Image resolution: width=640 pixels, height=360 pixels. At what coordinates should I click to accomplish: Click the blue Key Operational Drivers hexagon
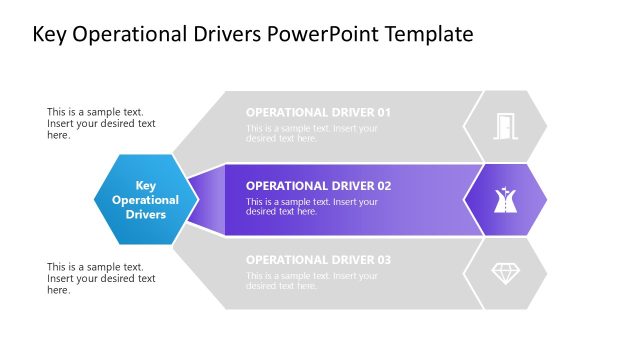[x=145, y=199]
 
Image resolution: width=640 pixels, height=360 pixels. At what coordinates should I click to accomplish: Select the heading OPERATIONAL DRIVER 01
[x=318, y=112]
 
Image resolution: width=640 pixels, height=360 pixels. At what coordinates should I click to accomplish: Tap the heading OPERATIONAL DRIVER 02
[x=318, y=186]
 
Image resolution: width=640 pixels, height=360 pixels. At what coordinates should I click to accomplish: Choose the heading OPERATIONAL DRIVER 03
[x=318, y=260]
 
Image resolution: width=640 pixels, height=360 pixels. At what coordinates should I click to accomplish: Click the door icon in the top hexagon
[x=505, y=126]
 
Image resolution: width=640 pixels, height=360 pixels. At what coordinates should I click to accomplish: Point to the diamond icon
[x=505, y=273]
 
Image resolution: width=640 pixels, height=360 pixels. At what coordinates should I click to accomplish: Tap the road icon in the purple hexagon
[x=505, y=199]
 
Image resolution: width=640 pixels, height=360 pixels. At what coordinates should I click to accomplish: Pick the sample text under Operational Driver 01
[x=312, y=133]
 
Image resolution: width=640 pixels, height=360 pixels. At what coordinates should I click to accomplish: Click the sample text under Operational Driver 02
[x=312, y=207]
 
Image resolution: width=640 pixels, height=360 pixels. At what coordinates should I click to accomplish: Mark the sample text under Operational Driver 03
[x=312, y=281]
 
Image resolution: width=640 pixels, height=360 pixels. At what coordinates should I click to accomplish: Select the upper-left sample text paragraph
[x=101, y=124]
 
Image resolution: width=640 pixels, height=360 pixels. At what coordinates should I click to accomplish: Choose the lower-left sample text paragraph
[x=101, y=278]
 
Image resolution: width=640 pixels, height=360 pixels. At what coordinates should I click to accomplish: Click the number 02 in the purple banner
[x=383, y=186]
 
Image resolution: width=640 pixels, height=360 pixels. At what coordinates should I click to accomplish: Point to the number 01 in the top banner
[x=383, y=112]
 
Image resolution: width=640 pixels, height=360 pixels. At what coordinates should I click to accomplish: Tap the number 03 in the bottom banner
[x=383, y=260]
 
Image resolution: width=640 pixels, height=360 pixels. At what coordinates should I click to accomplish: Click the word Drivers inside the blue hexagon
[x=146, y=214]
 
